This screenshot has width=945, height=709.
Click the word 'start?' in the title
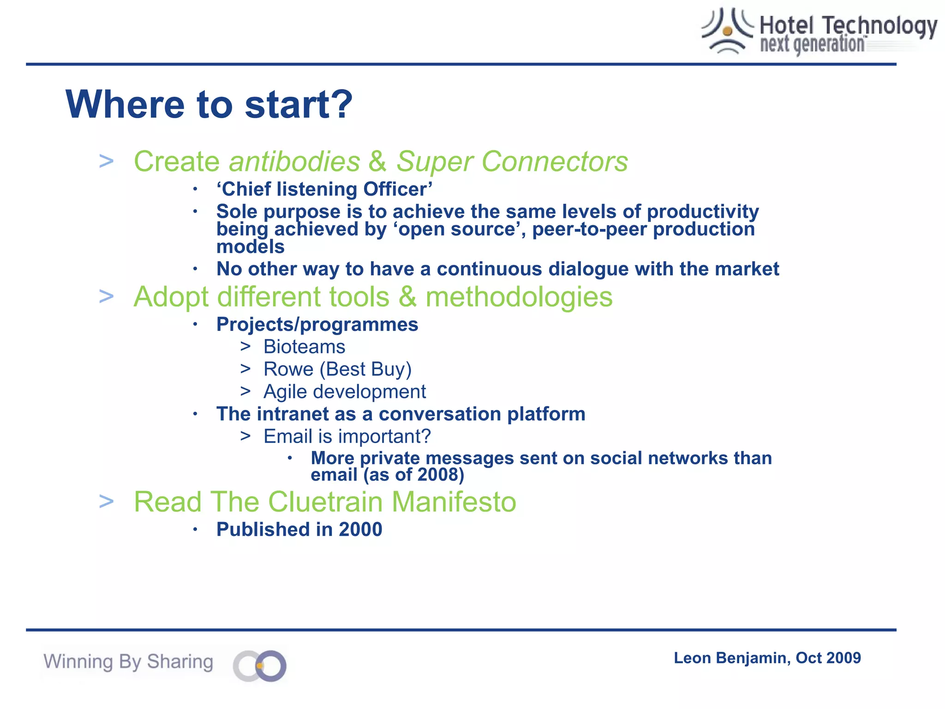point(299,105)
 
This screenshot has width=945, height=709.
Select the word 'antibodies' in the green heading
point(294,162)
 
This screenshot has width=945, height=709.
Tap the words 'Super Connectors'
point(512,162)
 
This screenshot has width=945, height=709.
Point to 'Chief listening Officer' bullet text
point(324,189)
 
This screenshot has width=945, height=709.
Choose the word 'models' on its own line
point(251,247)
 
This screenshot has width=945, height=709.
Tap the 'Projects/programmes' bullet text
point(317,324)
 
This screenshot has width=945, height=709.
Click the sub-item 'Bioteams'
point(304,347)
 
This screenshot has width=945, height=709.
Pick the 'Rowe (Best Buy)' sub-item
point(337,369)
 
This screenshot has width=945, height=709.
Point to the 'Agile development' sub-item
point(344,392)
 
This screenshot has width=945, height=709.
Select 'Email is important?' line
point(347,436)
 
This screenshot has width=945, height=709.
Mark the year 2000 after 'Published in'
point(360,529)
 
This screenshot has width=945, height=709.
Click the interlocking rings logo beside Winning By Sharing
point(260,666)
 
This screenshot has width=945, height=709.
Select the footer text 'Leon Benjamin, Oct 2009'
point(767,658)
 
